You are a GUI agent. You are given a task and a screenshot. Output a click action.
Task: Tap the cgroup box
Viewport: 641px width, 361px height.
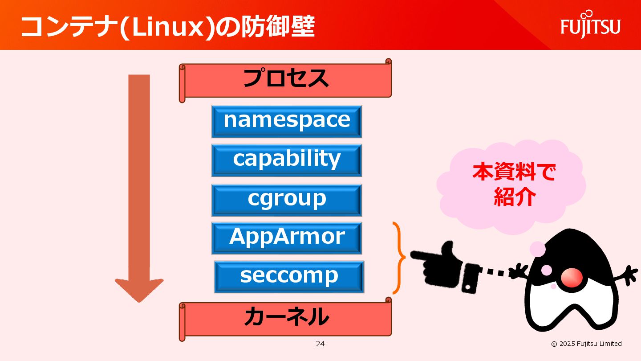point(287,200)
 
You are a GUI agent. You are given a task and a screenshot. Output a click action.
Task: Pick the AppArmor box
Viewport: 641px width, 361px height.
point(287,238)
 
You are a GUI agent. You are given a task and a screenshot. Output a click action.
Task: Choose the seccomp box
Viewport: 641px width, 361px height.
point(289,276)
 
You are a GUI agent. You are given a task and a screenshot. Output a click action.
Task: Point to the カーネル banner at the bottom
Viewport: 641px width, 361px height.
point(286,318)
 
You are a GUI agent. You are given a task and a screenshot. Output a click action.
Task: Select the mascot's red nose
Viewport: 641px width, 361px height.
point(572,277)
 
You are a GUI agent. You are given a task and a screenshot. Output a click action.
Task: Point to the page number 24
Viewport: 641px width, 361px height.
point(320,344)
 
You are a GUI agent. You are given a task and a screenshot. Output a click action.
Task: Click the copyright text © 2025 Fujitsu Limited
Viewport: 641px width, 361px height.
point(586,344)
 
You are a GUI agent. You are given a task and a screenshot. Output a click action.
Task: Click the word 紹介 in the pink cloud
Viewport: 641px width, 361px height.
point(514,197)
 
